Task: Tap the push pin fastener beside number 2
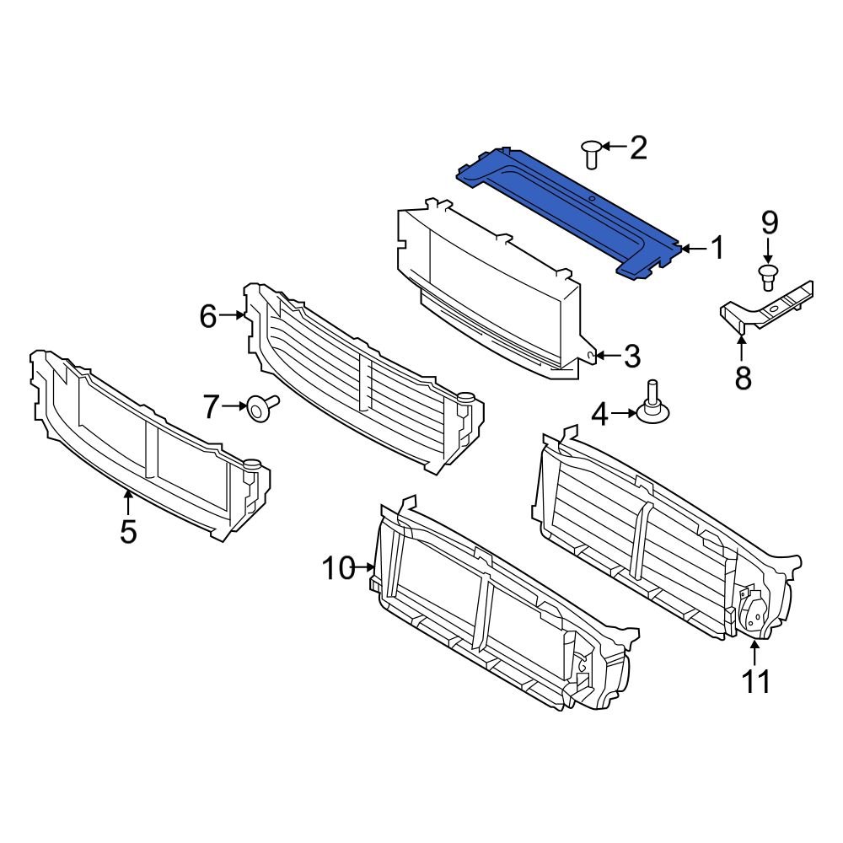[591, 153]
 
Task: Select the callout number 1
[717, 249]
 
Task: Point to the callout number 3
[632, 356]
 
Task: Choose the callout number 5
[127, 532]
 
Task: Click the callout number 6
[208, 317]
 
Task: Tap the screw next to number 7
[258, 409]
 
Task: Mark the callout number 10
[338, 569]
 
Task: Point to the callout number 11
[756, 680]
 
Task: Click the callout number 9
[768, 223]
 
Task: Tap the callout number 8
[743, 378]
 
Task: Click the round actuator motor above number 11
[753, 613]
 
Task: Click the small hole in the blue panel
[592, 199]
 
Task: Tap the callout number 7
[212, 408]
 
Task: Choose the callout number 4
[599, 413]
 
